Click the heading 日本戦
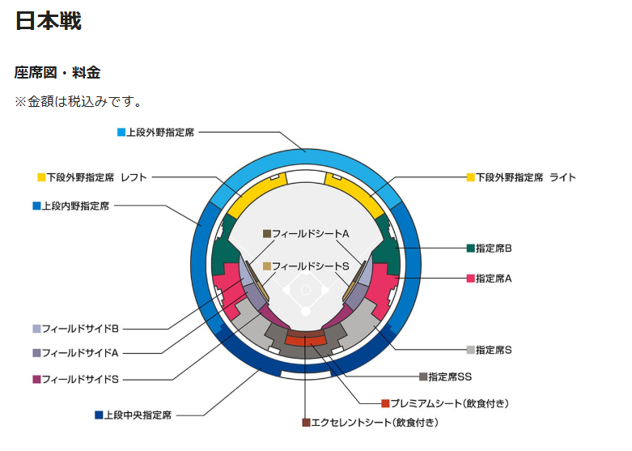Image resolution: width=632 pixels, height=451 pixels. coord(48,21)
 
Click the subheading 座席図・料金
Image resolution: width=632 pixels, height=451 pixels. coord(57,73)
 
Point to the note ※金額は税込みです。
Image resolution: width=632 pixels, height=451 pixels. coord(78,102)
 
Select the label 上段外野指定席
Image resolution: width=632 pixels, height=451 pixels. coord(160,132)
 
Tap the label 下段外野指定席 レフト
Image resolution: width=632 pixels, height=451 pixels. coord(96,177)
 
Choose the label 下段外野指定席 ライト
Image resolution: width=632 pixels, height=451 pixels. coord(525,177)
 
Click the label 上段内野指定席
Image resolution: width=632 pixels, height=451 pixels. coord(75,206)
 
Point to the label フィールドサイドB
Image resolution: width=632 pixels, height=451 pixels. coord(80,329)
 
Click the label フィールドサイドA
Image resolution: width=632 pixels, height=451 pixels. coord(80,353)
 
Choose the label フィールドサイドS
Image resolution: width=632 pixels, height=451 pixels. coord(80,378)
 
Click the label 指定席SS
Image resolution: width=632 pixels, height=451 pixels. coord(450,377)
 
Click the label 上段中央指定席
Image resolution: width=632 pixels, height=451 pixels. coord(138,415)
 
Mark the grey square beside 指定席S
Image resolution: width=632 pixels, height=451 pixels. coord(471,350)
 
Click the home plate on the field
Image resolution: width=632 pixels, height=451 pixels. coord(306,311)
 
